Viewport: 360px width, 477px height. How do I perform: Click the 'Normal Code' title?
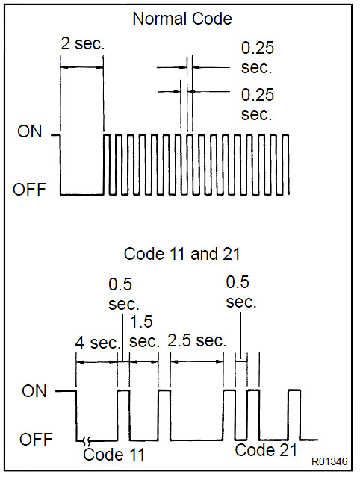182,19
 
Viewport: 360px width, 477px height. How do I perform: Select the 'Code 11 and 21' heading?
182,254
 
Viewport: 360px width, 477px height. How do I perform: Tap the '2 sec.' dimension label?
82,43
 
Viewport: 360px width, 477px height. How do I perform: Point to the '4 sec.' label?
98,343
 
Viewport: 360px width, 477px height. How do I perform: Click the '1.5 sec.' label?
145,331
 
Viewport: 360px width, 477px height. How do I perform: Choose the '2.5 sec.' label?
197,340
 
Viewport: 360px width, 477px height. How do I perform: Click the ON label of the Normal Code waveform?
30,131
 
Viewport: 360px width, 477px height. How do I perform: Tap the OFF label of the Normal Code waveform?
29,189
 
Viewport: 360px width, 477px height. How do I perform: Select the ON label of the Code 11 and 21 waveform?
34,391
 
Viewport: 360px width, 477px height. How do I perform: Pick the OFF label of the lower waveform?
36,440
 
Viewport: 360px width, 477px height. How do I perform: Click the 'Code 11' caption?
114,455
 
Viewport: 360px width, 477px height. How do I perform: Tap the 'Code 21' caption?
266,450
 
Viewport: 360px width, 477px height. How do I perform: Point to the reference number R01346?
329,461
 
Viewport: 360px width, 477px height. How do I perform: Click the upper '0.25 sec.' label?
258,57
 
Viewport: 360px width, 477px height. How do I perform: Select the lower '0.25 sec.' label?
258,104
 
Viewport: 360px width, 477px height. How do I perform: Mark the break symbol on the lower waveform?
87,440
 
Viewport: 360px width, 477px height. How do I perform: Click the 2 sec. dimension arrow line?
82,67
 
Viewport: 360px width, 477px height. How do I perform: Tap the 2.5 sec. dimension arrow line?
197,362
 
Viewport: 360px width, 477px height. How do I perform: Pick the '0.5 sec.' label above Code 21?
241,291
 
